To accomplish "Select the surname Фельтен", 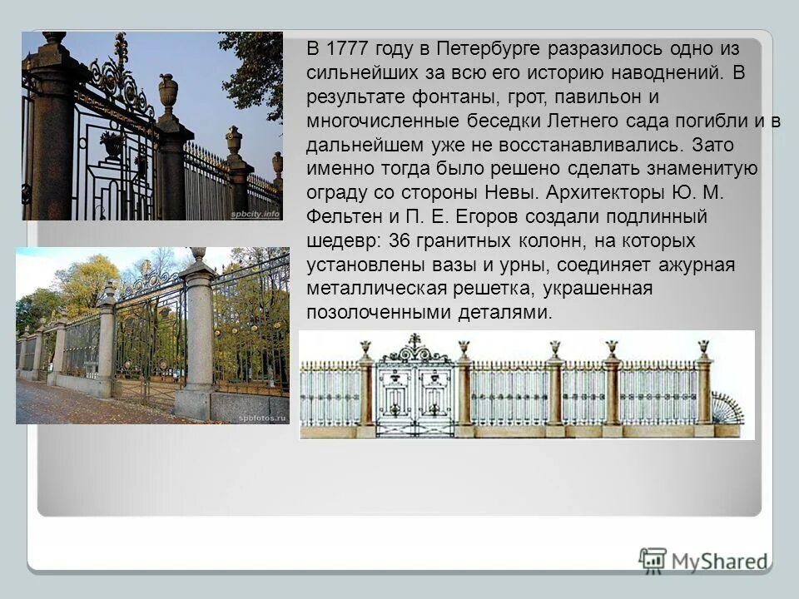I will pos(341,218).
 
